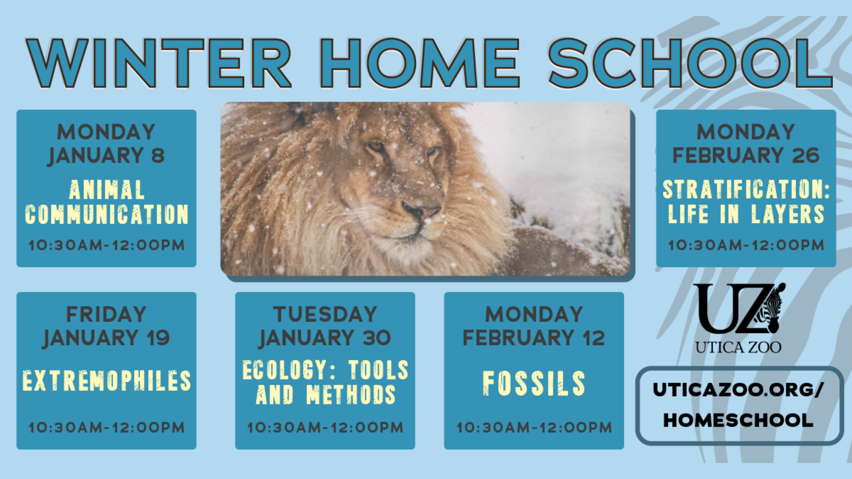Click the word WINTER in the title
coord(159,63)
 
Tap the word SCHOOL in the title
coord(690,63)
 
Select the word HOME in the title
coord(420,63)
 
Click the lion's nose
coord(421,209)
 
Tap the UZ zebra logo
coord(739,308)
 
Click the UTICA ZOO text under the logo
coord(738,347)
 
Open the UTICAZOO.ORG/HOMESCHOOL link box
coord(739,405)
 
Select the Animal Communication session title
coord(106,202)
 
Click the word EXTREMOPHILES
coord(106,381)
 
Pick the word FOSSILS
coord(534,383)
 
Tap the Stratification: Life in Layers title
coord(746,202)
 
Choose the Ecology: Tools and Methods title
coord(325,382)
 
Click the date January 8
coord(106,156)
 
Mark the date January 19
coord(106,338)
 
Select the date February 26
coord(746,156)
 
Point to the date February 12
coord(534,338)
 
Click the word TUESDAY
coord(325,314)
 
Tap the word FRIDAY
coord(106,314)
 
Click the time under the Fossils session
coord(534,428)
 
